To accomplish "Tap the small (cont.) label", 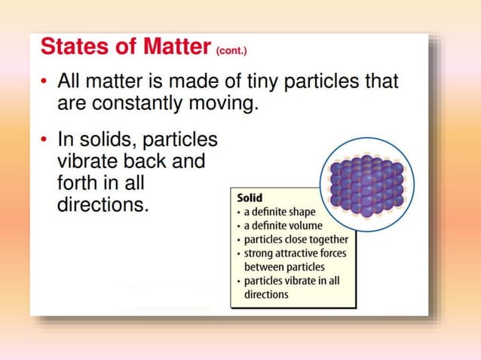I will tap(231, 51).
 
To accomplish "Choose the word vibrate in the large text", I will tap(85, 161).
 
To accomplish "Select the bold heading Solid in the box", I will tap(250, 197).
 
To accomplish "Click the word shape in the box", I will tap(300, 212).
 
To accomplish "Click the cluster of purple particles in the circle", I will tap(367, 184).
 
